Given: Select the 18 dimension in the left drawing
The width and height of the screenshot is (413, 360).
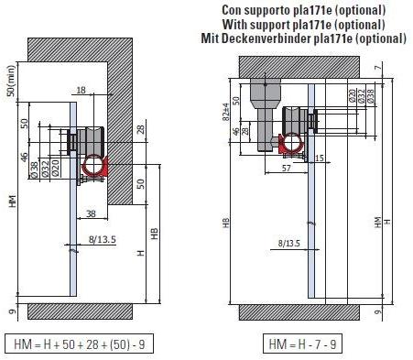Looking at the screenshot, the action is (x=82, y=91).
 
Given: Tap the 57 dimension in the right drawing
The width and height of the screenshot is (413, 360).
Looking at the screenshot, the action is (x=262, y=169).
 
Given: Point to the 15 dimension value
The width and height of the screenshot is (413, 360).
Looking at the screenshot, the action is (x=320, y=158).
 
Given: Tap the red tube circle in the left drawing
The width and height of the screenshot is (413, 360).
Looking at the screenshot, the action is (x=93, y=166).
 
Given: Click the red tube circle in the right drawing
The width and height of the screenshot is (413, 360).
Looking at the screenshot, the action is (x=290, y=142).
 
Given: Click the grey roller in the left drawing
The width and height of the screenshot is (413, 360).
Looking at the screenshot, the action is (x=92, y=142).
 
